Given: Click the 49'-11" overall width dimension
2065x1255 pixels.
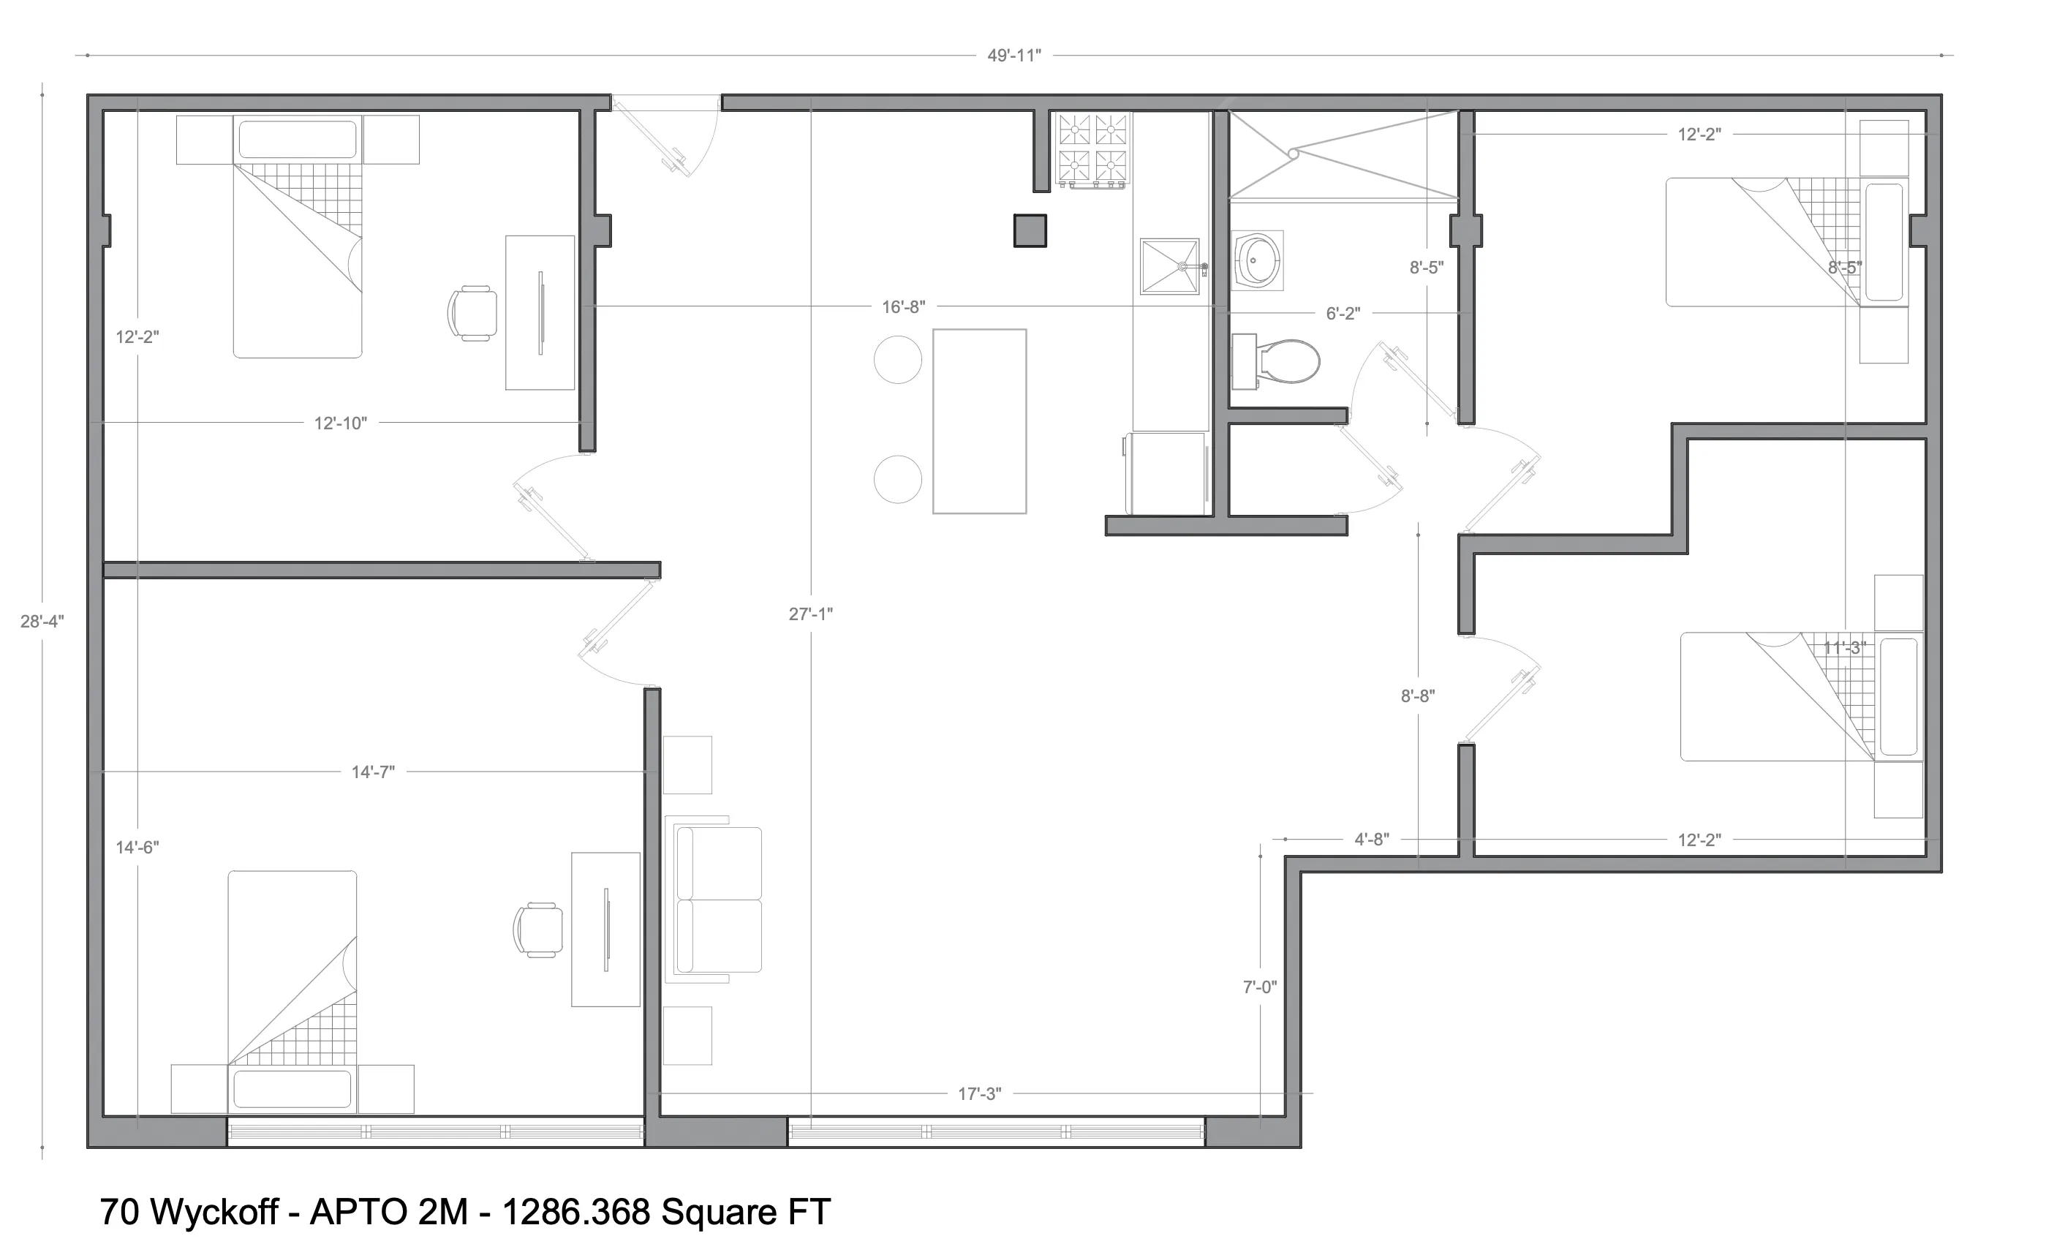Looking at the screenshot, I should (1014, 56).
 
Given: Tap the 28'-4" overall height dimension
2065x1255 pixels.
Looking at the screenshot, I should (42, 621).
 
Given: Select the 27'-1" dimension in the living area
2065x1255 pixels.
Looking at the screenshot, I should (810, 614).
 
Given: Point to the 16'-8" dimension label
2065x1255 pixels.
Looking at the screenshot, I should (904, 307).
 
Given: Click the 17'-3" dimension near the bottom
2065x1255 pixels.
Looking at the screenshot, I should (980, 1093).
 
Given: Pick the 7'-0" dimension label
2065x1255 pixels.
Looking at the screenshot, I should (1260, 987).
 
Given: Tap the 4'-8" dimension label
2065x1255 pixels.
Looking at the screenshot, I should (1372, 839).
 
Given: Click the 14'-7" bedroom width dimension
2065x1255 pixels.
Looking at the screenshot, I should (373, 772).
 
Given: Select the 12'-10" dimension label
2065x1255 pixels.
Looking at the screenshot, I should (340, 423).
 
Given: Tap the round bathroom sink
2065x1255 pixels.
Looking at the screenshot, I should (1258, 260).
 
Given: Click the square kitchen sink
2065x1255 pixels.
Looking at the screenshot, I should (1169, 267).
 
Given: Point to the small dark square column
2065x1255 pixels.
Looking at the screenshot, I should (1030, 230).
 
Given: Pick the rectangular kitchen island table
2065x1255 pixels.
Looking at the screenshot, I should (979, 421).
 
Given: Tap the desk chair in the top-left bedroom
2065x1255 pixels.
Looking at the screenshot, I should (472, 313).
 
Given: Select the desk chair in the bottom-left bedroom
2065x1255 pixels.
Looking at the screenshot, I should (538, 930).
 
